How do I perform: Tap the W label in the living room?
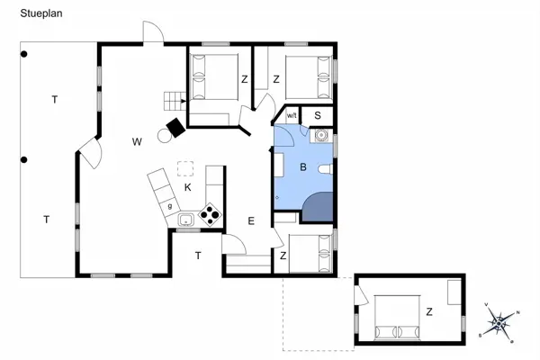click(137, 141)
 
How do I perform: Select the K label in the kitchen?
click(187, 187)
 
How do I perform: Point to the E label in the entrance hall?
click(252, 221)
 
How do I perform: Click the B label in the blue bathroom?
click(303, 167)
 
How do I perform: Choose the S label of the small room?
click(318, 115)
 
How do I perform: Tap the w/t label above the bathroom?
click(292, 116)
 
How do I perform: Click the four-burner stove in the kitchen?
click(211, 215)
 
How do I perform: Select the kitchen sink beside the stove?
click(186, 219)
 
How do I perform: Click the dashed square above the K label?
click(186, 167)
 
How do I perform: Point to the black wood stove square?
click(175, 128)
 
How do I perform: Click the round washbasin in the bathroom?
click(319, 137)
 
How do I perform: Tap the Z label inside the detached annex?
click(429, 312)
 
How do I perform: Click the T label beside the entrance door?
click(198, 256)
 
